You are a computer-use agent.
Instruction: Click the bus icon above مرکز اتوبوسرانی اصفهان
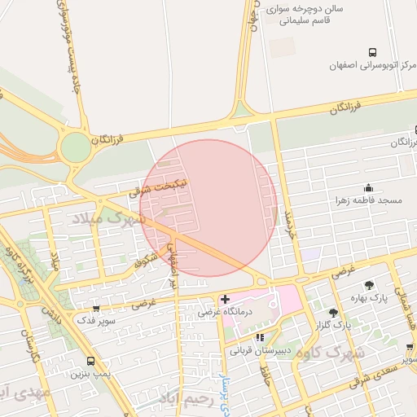click(372, 51)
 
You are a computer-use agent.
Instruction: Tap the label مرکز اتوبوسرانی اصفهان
click(367, 65)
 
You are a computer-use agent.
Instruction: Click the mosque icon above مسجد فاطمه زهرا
click(370, 187)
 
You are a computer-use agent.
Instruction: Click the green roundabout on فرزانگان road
click(75, 147)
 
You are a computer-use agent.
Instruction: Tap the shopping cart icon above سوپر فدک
click(96, 309)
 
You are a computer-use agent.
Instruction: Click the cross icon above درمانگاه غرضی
click(226, 300)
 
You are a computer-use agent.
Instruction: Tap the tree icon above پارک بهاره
click(370, 286)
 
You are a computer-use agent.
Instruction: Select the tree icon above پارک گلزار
click(332, 313)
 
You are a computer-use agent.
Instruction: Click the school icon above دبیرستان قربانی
click(260, 336)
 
